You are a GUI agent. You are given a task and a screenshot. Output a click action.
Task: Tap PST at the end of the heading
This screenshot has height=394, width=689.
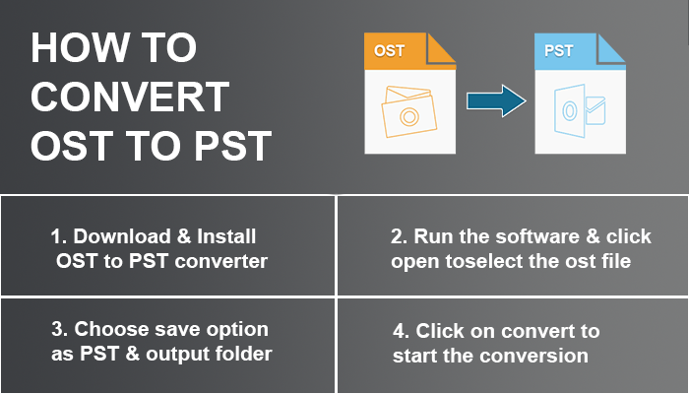point(227,147)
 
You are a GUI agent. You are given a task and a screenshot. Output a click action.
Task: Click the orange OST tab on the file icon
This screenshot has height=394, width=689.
point(391,50)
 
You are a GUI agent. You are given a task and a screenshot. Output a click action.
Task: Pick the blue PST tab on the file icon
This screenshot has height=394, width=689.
point(560,49)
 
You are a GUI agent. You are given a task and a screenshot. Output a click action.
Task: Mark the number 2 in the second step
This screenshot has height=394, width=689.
point(397,236)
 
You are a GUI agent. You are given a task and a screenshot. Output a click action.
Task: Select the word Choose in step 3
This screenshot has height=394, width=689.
point(107,329)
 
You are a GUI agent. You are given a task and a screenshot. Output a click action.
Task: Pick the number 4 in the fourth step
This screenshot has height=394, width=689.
point(397,330)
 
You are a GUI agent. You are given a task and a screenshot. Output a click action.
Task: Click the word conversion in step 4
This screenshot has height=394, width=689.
point(539,355)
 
